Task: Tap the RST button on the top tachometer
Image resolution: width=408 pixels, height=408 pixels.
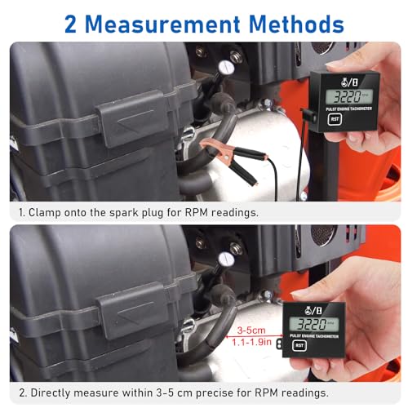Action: [x=335, y=117]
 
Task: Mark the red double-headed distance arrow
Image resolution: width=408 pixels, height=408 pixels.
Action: [x=253, y=336]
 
